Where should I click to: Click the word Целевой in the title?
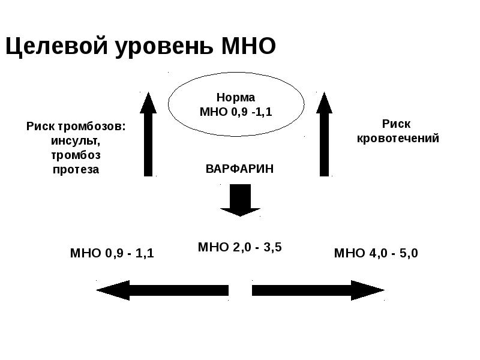[52, 46]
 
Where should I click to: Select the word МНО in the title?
[248, 46]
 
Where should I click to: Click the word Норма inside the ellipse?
[235, 97]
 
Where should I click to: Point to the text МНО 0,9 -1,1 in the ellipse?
[235, 112]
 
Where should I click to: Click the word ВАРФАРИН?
[239, 169]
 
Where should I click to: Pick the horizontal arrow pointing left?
[162, 290]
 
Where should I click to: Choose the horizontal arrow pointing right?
[318, 290]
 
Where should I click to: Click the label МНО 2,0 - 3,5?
[239, 247]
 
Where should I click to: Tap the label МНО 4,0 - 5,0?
[376, 253]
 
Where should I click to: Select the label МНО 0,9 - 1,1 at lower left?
[112, 253]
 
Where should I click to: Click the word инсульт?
[75, 141]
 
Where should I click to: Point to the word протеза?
[75, 170]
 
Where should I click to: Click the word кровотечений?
[398, 138]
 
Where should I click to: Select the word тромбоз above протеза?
[75, 155]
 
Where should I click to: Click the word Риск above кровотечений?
[397, 124]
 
